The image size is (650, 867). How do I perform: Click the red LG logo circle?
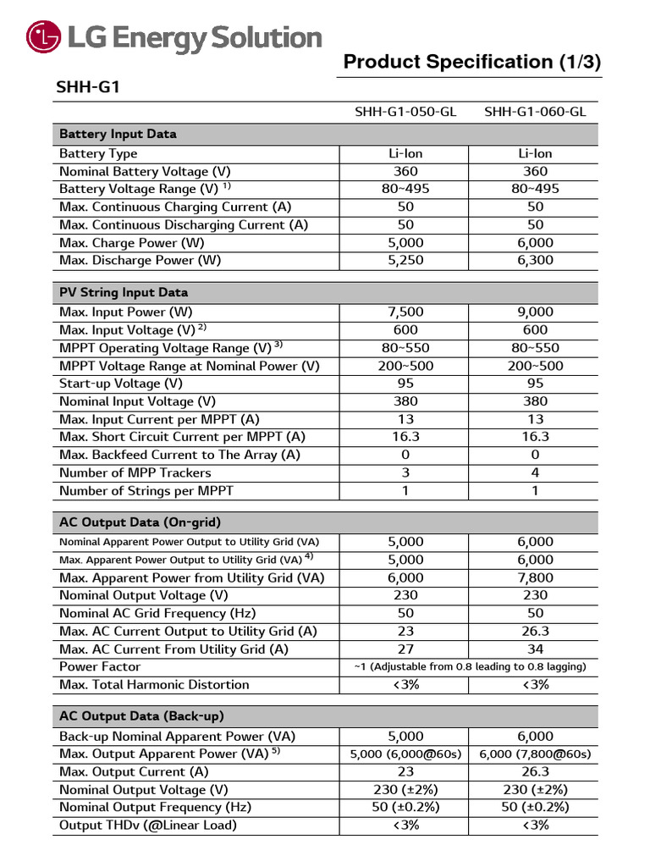point(43,38)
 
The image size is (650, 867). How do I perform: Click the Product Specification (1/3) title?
point(472,62)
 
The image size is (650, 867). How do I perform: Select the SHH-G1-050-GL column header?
point(405,112)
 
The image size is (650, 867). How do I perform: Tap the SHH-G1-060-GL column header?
point(535,112)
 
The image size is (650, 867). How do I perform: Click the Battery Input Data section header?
point(118,134)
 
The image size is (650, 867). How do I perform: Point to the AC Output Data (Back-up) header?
point(141,716)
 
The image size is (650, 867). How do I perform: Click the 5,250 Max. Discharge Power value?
point(405,261)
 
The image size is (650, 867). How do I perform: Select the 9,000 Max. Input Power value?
point(535,312)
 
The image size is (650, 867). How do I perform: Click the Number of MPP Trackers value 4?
point(535,472)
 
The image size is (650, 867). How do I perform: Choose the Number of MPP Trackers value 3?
point(405,472)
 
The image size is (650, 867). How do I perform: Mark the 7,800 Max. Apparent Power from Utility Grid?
point(535,577)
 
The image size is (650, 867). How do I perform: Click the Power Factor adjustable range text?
point(470,667)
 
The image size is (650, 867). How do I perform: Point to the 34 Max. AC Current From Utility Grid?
point(535,649)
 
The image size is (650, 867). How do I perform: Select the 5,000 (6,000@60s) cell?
point(405,754)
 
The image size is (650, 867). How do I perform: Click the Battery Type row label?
point(98,154)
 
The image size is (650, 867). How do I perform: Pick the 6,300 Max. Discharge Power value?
point(535,261)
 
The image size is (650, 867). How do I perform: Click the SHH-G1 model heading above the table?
point(81,87)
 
